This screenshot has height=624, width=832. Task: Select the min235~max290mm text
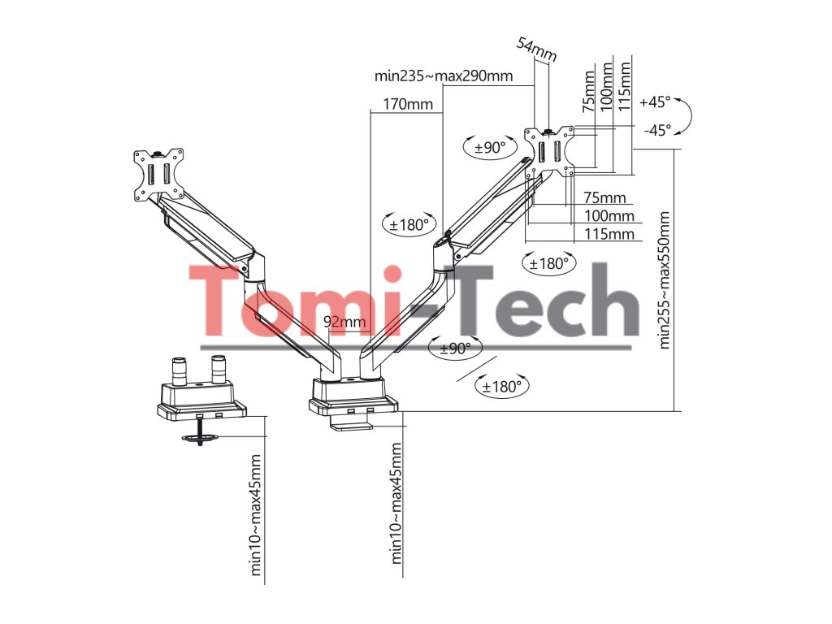coord(444,76)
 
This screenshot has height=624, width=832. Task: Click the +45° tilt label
coord(655,103)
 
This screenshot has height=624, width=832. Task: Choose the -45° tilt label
coord(656,129)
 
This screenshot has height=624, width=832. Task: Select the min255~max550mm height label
coord(665,280)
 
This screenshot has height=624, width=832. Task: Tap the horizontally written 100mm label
coord(609,216)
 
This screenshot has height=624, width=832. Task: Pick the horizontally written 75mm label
coord(604,198)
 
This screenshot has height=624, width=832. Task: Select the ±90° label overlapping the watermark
coord(456,348)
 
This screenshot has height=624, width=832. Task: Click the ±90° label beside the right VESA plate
coord(490,147)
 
